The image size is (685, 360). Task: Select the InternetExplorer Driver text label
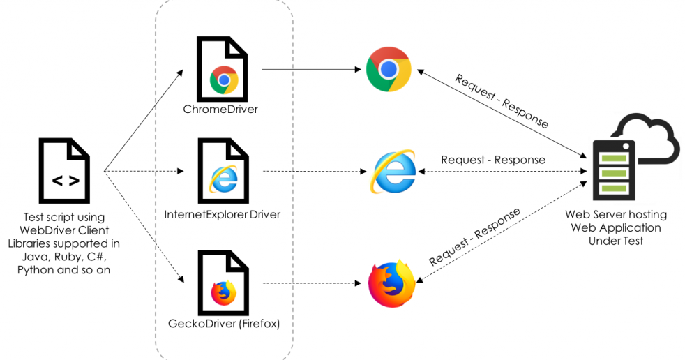tap(222, 214)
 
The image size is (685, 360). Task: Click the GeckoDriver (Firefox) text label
tap(224, 324)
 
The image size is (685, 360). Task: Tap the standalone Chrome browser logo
tap(389, 69)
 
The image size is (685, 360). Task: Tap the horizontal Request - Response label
tap(493, 159)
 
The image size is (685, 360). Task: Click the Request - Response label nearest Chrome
tap(502, 100)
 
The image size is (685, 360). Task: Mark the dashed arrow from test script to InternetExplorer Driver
tap(143, 171)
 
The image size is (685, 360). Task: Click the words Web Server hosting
tap(615, 215)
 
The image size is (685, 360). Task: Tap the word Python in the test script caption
tap(35, 269)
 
